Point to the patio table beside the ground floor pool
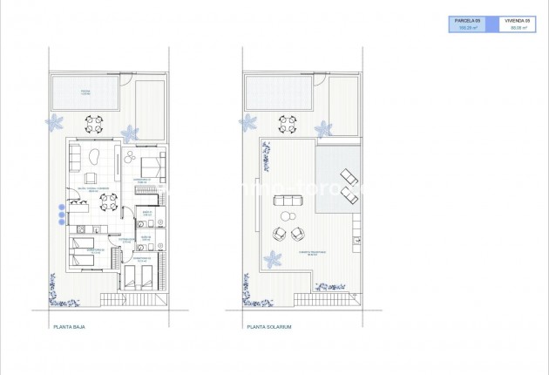coord(95,123)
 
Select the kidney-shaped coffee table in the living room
coord(92,158)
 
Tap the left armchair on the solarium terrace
coord(280,234)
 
